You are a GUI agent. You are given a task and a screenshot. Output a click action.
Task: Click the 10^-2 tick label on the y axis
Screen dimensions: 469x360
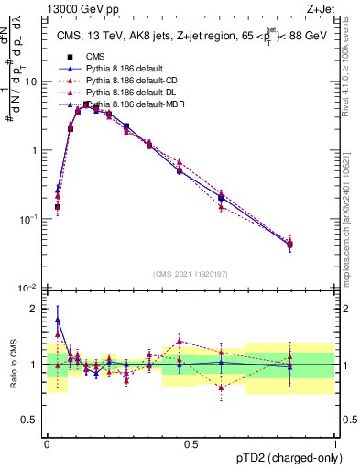coord(28,288)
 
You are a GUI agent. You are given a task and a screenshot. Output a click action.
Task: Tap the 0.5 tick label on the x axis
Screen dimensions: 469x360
coord(191,443)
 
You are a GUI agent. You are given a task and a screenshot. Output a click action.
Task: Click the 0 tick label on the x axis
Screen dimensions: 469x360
coord(47,443)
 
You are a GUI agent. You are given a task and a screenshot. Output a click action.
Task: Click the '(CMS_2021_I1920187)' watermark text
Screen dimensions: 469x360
coord(191,274)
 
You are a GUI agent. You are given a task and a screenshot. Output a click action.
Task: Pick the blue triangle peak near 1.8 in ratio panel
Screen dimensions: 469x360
coord(58,320)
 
